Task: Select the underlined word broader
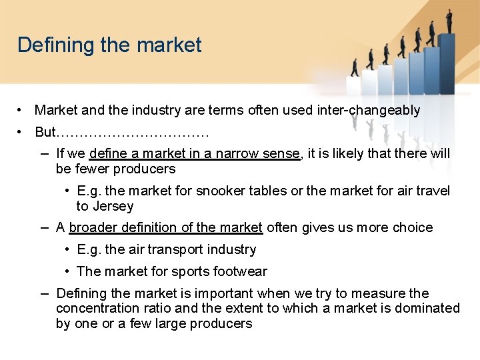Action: tap(92, 227)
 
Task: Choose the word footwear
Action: tap(239, 271)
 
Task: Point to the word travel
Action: tap(434, 191)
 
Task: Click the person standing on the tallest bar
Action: tap(449, 20)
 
